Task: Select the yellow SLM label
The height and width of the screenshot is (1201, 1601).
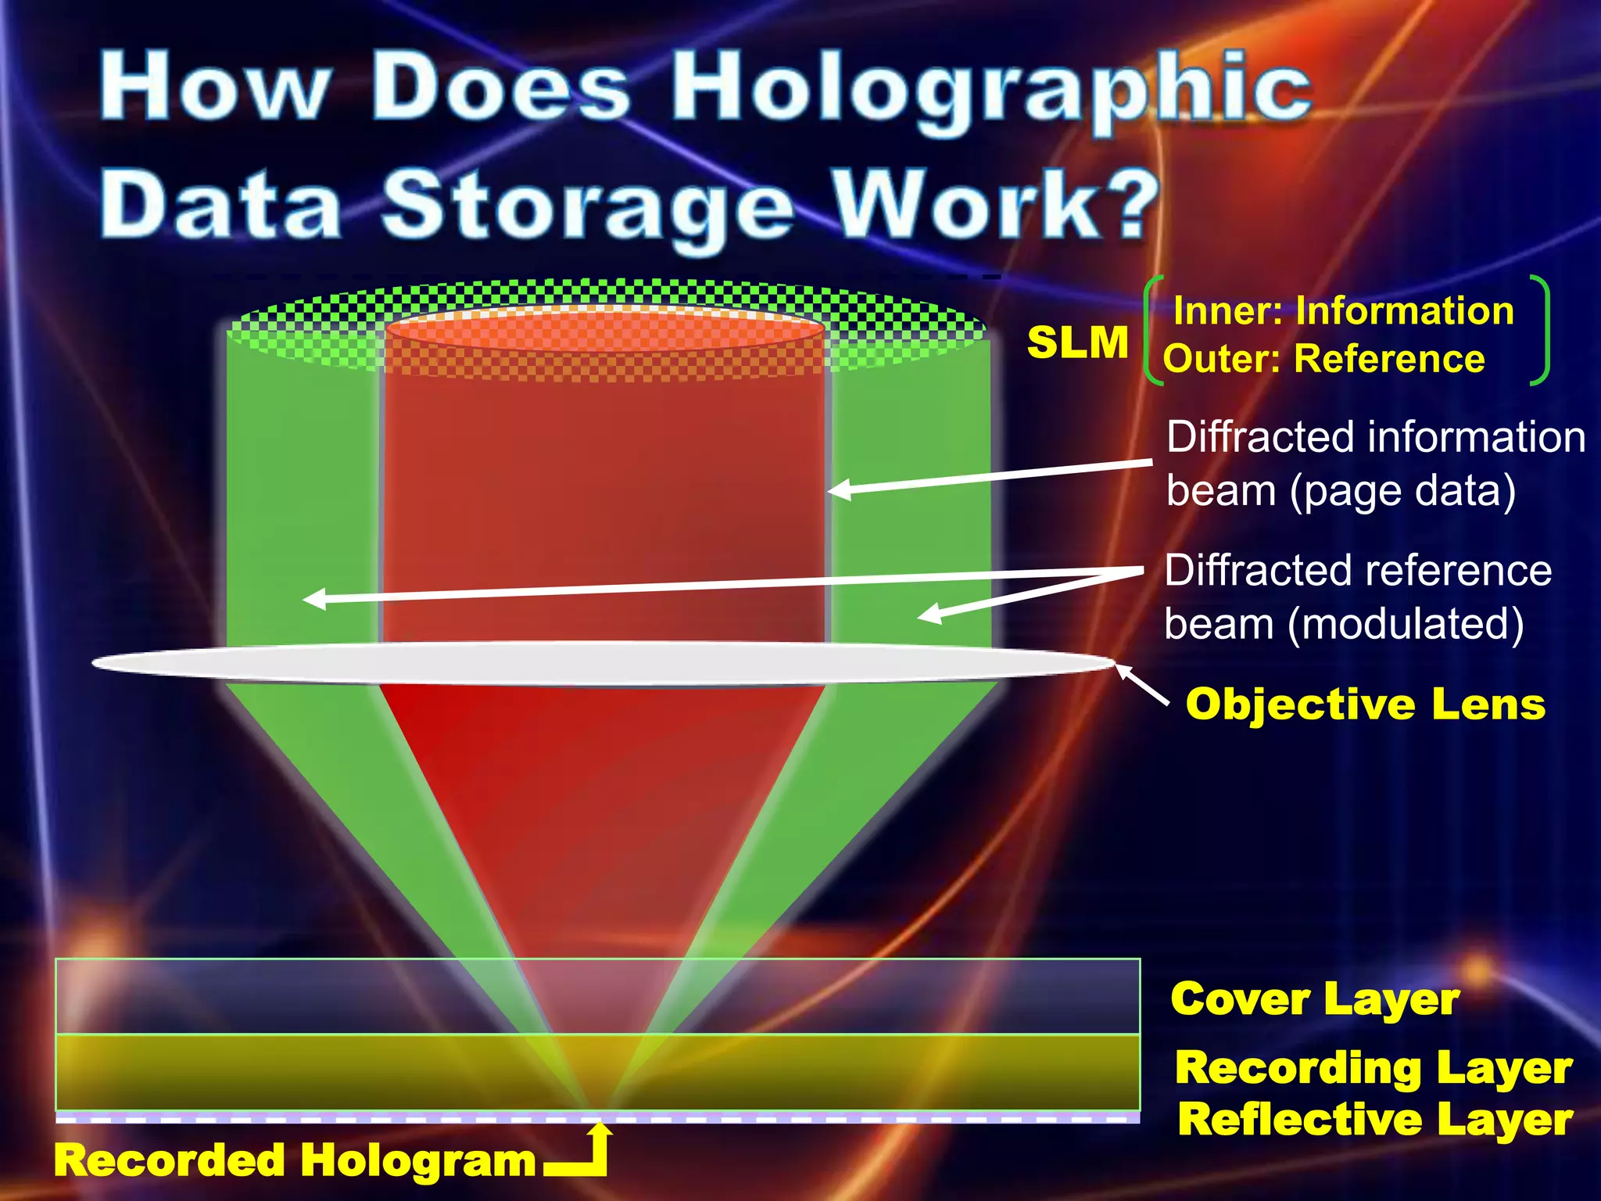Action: point(1077,342)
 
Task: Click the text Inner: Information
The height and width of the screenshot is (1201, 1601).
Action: point(1343,311)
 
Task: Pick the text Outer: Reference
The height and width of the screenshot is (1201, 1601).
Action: point(1323,360)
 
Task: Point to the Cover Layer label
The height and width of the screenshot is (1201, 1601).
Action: point(1315,999)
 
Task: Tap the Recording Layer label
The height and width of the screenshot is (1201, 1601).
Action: point(1374,1068)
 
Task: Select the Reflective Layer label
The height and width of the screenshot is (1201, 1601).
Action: point(1375,1120)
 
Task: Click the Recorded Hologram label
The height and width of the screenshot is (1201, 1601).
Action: point(295,1160)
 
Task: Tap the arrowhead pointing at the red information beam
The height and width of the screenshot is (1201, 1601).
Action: point(838,491)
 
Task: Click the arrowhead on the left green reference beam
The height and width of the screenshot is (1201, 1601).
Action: point(313,600)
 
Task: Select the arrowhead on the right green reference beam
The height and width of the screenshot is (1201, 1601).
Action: point(928,615)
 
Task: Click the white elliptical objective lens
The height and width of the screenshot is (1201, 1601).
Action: point(602,663)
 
